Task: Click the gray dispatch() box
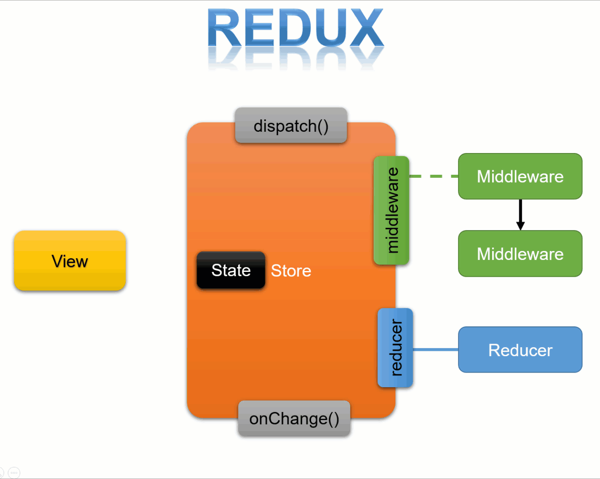291,126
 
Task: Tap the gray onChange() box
294,418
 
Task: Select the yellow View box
70,261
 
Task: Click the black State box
231,270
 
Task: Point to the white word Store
291,271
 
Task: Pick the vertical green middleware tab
391,210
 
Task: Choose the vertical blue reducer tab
395,348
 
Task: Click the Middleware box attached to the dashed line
520,177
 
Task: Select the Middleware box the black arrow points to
520,254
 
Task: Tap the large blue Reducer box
520,350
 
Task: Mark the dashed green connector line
433,176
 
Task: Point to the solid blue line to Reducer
435,349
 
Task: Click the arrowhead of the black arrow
520,226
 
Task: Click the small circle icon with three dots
14,472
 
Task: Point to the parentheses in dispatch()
323,126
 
